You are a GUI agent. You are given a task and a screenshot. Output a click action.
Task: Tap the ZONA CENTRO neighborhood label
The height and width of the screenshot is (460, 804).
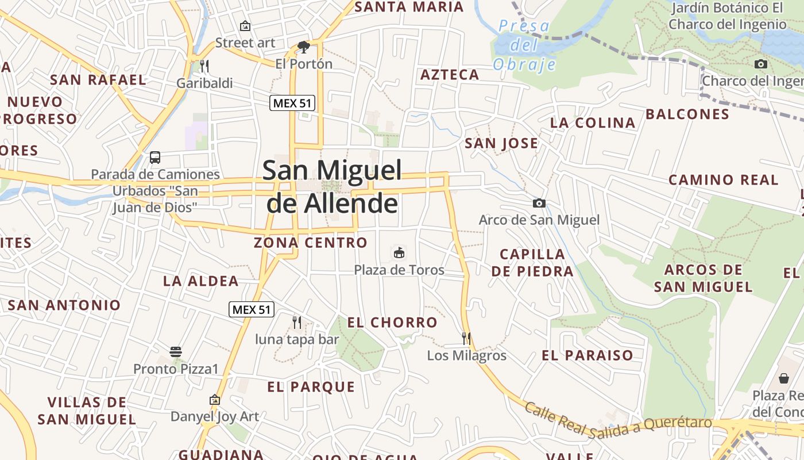point(311,243)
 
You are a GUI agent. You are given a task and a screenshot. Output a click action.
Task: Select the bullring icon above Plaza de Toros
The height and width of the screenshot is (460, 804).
point(399,252)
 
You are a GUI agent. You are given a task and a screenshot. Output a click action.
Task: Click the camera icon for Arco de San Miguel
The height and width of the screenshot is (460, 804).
point(539,203)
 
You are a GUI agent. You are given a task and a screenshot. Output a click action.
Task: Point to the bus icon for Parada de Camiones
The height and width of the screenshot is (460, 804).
point(155,157)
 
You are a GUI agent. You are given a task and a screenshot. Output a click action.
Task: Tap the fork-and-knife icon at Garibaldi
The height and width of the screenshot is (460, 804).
point(204,66)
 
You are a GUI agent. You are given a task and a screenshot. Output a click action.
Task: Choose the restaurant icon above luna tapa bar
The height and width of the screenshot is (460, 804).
point(297,322)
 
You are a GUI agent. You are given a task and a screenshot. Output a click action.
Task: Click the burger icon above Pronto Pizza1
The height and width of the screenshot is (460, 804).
point(176,351)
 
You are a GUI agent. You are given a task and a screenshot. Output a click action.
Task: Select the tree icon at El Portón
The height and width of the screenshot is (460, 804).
point(304,47)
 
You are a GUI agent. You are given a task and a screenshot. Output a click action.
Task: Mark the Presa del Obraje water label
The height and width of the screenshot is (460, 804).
point(524,45)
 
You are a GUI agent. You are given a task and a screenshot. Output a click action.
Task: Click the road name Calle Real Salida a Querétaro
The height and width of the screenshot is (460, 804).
point(618,419)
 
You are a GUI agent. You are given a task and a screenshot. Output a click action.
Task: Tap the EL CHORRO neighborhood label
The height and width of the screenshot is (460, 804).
point(392,323)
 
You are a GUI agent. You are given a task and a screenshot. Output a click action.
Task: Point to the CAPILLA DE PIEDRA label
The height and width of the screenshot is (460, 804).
point(532,262)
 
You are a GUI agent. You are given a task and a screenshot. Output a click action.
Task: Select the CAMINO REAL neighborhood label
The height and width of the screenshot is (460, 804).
point(723,180)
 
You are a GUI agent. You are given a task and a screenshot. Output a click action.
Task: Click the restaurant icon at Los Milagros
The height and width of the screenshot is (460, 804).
point(466,338)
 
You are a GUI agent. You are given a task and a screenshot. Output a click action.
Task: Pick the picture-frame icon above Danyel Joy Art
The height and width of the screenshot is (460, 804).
point(215,399)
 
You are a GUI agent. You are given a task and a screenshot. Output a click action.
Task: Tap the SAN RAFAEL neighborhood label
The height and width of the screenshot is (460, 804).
point(98,80)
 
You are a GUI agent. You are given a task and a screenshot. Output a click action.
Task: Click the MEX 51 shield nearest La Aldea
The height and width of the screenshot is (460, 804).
point(252,309)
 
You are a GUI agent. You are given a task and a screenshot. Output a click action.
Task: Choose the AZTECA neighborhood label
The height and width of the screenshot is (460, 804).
point(450,75)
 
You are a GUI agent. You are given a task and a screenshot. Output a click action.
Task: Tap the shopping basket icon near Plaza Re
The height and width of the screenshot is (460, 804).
point(784,378)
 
